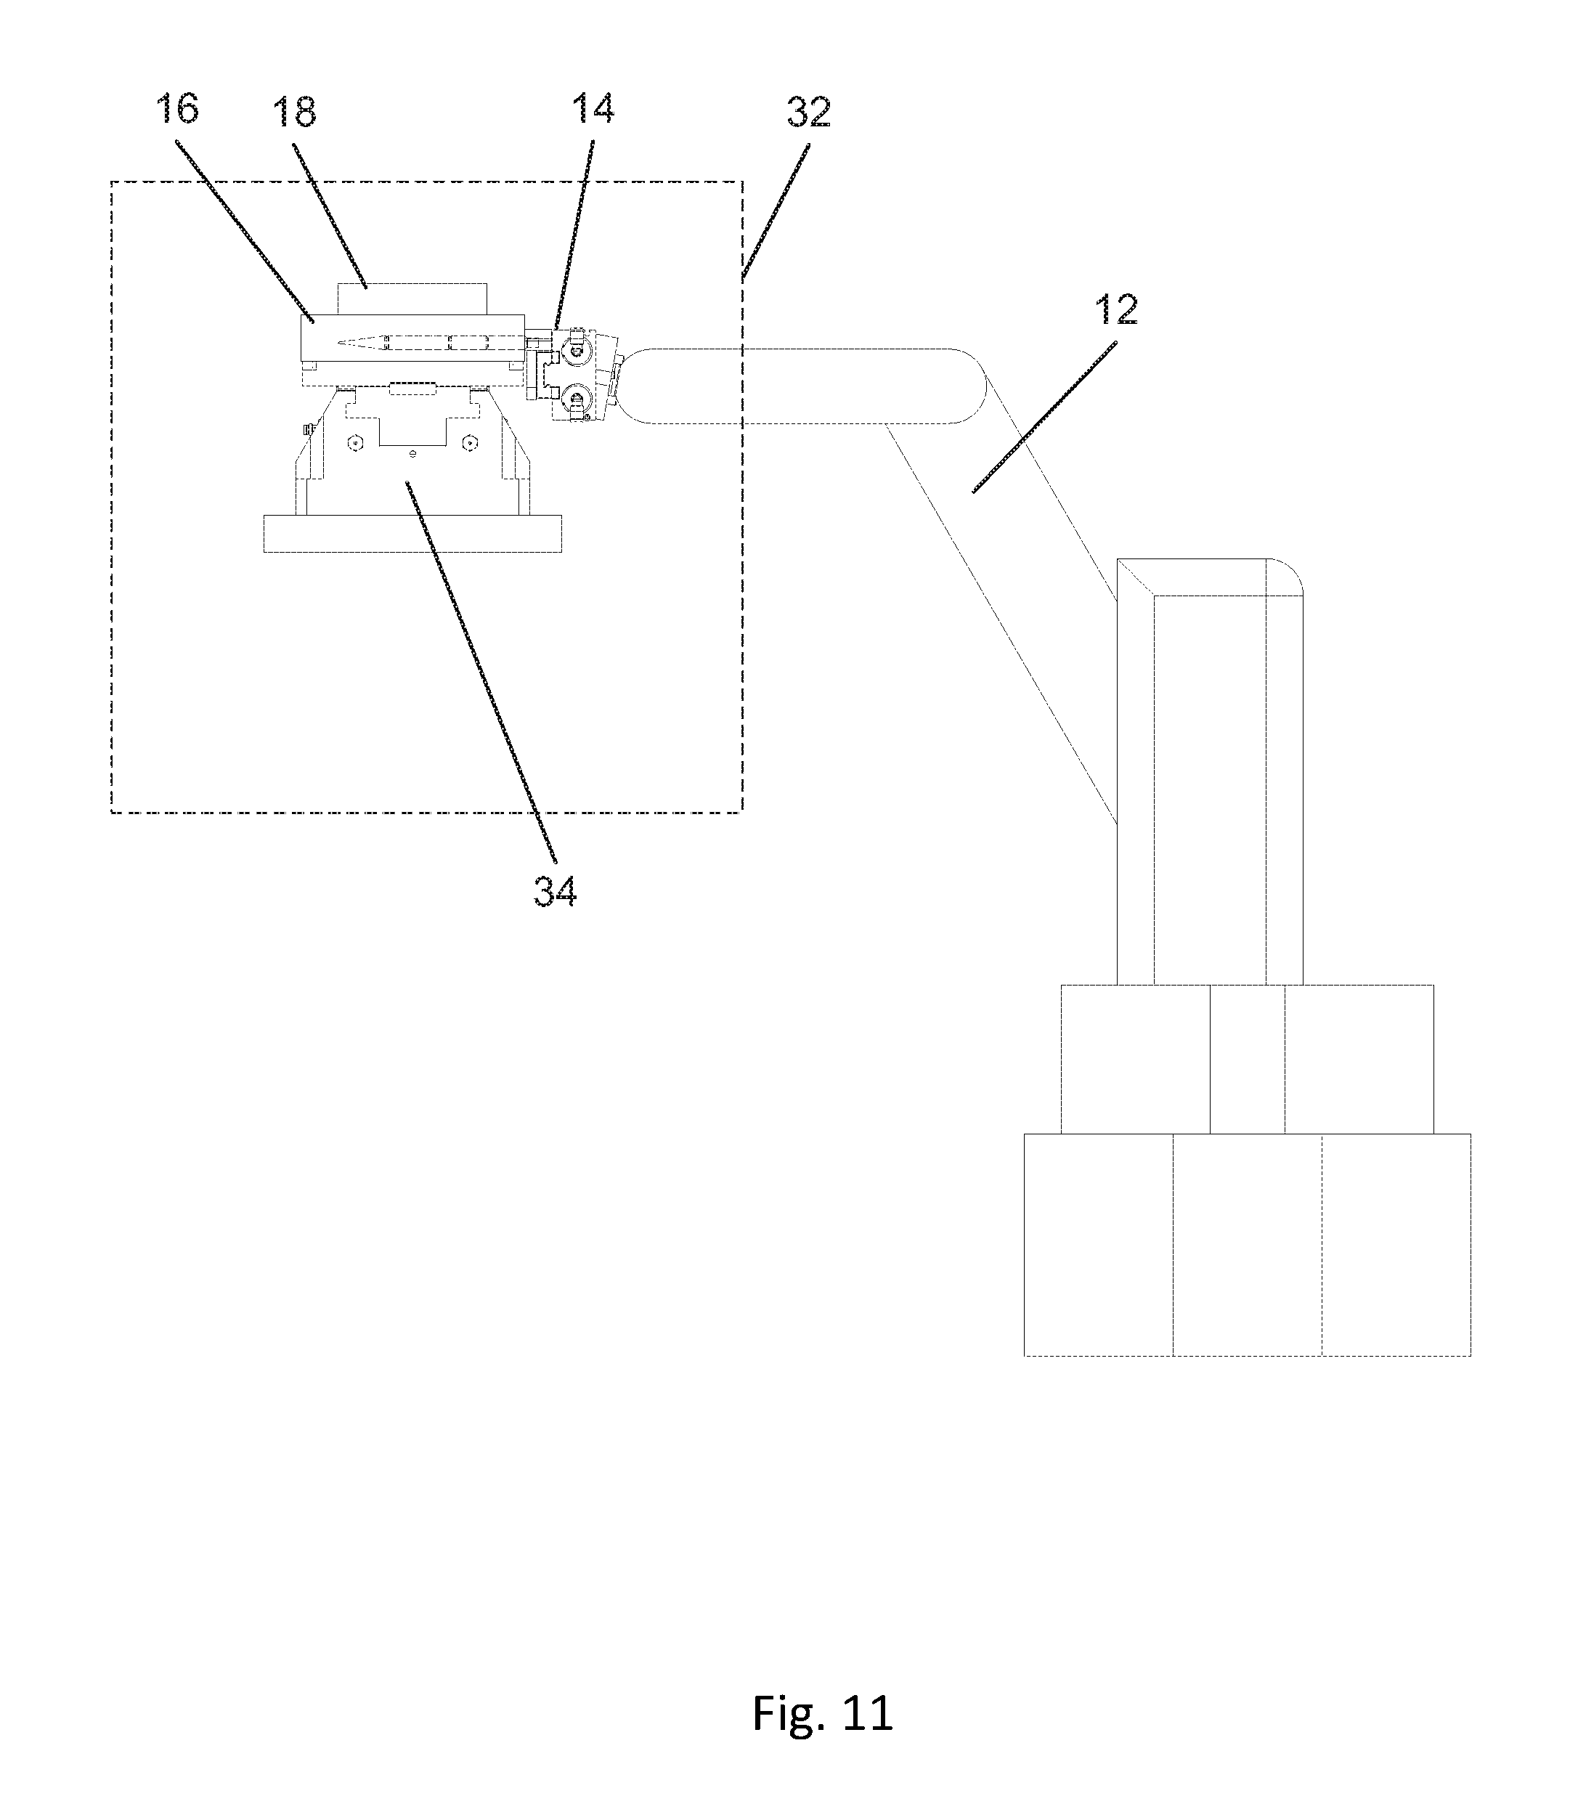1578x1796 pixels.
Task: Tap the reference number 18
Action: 294,113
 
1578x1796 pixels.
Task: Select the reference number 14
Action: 593,109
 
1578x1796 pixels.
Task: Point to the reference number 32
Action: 808,113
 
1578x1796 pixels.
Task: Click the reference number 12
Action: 1117,310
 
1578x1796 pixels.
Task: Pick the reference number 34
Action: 556,891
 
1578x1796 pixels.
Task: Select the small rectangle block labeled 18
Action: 412,298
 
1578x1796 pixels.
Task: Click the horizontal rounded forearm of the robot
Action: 808,386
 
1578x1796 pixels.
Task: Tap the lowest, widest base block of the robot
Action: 1246,1244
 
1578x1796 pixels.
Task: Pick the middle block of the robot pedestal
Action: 1246,1059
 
